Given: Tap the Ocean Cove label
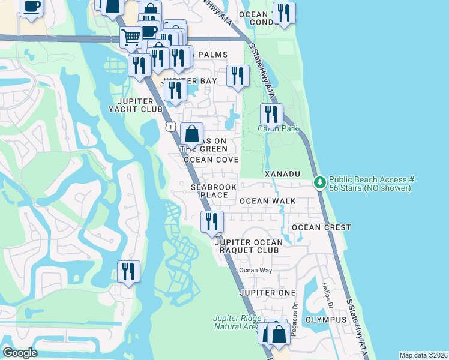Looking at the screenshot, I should point(211,160).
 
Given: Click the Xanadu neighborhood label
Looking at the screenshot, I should point(282,173).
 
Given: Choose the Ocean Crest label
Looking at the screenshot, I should point(321,227).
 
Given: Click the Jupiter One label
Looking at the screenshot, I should point(267,292).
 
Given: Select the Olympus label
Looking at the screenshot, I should point(326,320).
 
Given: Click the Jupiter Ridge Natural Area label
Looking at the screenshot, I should point(237,322).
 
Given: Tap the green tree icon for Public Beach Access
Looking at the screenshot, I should point(321,181).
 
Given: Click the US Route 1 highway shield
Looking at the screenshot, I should point(171,126).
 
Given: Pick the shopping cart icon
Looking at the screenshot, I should point(131,37).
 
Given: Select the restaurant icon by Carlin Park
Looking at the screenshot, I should point(271,113).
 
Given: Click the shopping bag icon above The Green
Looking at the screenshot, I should point(191,133).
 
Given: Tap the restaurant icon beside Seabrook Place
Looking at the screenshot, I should point(211,221).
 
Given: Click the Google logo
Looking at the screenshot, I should point(19,353).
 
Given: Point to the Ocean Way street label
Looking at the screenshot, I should point(256,270).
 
